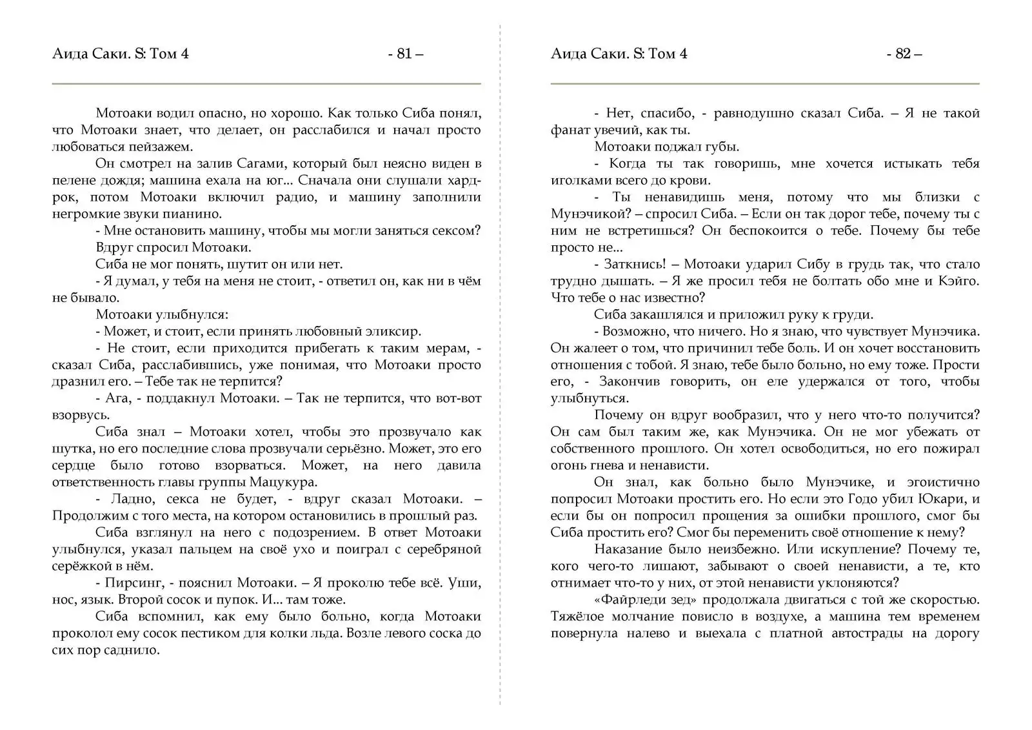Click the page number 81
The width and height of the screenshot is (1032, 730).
(x=405, y=54)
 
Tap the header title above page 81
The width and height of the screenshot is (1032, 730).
(x=120, y=54)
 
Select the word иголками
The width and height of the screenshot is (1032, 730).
(x=580, y=180)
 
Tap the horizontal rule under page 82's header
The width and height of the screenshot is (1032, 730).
(x=764, y=84)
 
